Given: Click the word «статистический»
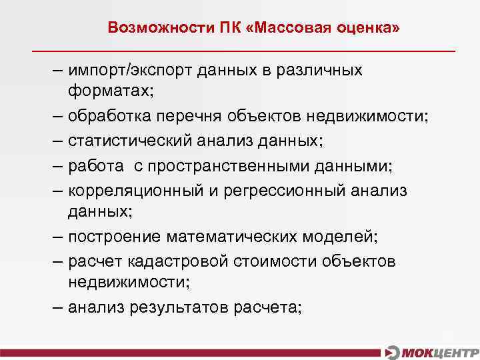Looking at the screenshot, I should [127, 141].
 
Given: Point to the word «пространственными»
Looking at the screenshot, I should [224, 165].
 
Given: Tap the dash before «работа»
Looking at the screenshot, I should [57, 165].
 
